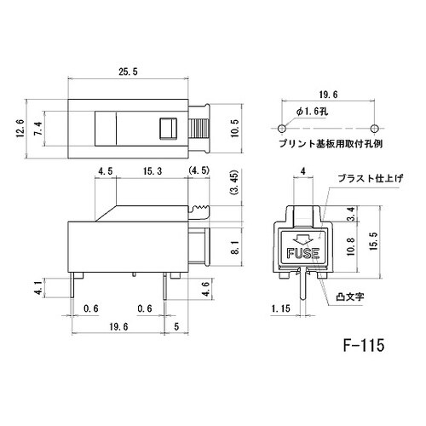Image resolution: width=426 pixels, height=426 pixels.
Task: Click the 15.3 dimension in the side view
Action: tap(153, 171)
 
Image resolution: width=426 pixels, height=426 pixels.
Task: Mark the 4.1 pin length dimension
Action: tap(36, 287)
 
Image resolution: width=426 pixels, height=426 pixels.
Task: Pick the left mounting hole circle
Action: tap(282, 127)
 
